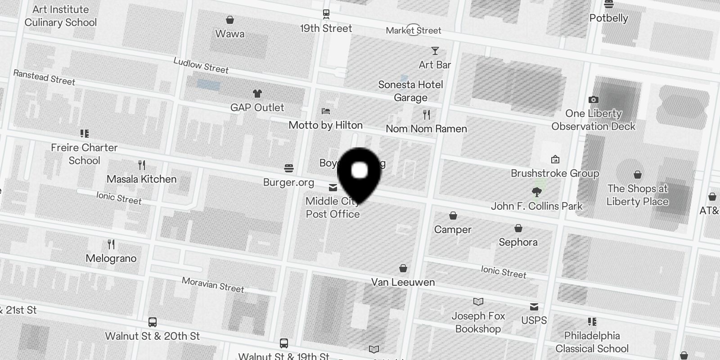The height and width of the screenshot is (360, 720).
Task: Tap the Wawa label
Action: pyautogui.click(x=229, y=34)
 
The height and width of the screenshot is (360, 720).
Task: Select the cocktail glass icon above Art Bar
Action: pyautogui.click(x=435, y=51)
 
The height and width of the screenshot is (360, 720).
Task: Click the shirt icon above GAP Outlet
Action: pyautogui.click(x=257, y=94)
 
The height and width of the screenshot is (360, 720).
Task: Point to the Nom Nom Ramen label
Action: pyautogui.click(x=426, y=129)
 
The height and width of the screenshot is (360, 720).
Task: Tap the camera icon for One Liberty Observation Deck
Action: pyautogui.click(x=594, y=99)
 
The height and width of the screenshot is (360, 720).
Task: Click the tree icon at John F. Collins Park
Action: pyautogui.click(x=536, y=193)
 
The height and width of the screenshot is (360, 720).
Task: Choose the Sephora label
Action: pyautogui.click(x=518, y=242)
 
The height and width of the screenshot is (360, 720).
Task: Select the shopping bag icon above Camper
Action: pyautogui.click(x=453, y=216)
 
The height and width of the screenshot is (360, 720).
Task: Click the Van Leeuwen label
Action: pyautogui.click(x=403, y=282)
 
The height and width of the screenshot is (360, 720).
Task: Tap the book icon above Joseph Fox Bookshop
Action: pyautogui.click(x=478, y=301)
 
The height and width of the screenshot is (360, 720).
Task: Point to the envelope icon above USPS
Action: pyautogui.click(x=534, y=307)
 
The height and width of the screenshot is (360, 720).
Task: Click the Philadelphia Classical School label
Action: pyautogui.click(x=592, y=342)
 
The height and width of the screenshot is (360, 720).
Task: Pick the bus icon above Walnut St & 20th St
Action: pyautogui.click(x=153, y=322)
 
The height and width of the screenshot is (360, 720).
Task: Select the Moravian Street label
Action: pyautogui.click(x=213, y=284)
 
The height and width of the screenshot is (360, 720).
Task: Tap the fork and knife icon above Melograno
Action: pyautogui.click(x=111, y=244)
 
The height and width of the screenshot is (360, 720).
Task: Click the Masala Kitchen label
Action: pyautogui.click(x=141, y=179)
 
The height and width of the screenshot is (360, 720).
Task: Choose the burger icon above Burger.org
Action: pyautogui.click(x=289, y=169)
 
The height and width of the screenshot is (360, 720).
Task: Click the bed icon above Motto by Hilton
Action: pyautogui.click(x=326, y=111)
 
